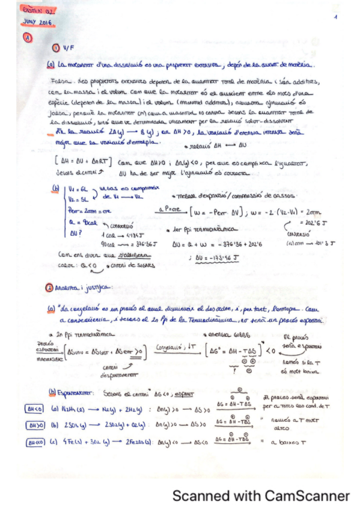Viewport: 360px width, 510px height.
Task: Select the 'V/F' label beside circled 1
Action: pos(66,49)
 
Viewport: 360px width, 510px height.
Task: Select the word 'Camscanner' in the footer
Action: pos(308,497)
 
